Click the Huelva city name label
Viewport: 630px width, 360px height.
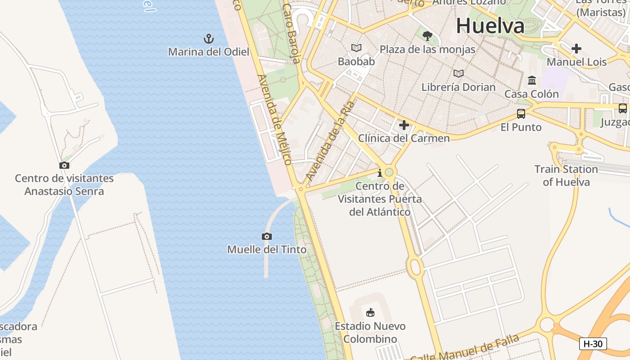pos(490,26)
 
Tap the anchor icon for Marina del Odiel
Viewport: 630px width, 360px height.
pos(208,39)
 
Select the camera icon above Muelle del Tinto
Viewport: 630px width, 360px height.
pos(267,236)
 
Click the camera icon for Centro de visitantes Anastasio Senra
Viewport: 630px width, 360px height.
pos(64,166)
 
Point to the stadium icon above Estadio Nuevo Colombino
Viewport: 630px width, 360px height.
pos(370,312)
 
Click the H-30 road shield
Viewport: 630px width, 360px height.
pos(593,344)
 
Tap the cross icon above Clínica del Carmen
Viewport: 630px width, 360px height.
pos(404,125)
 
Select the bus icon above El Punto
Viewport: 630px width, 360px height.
pos(521,114)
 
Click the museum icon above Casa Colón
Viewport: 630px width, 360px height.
pos(532,81)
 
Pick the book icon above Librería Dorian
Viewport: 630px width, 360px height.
pos(459,73)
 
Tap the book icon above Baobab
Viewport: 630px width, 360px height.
pos(356,48)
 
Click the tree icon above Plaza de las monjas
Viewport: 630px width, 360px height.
pos(427,36)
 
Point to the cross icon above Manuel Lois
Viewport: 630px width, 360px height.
pos(576,49)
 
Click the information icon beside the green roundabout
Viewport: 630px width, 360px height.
pos(380,173)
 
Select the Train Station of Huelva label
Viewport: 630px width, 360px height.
pos(566,175)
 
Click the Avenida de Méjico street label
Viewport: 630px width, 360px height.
pos(274,119)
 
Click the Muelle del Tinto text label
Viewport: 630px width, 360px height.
pos(267,249)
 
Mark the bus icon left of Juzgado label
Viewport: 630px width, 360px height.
pos(623,108)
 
